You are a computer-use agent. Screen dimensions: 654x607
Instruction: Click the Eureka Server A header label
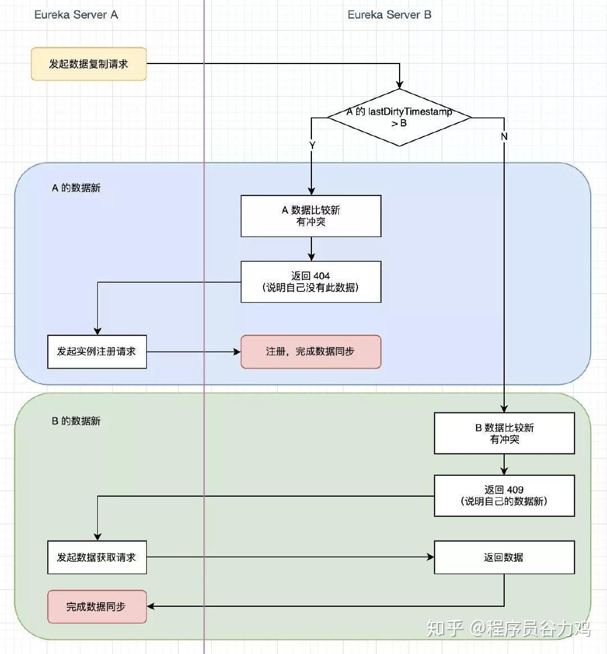[x=76, y=15]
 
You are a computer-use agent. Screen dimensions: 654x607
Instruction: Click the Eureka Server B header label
[x=389, y=15]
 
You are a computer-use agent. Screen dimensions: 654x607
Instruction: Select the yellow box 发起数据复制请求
[x=89, y=64]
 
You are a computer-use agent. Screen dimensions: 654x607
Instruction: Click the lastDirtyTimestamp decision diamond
[x=399, y=117]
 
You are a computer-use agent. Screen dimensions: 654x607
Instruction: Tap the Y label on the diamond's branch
[x=312, y=146]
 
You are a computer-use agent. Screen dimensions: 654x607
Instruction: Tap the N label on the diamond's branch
[x=504, y=137]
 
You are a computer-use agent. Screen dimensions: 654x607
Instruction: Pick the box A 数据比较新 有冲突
[x=311, y=216]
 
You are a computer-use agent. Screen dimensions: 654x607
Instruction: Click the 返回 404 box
[x=311, y=281]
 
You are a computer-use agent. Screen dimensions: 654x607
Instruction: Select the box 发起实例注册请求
[x=97, y=352]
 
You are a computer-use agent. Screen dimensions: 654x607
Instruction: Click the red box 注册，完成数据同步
[x=311, y=352]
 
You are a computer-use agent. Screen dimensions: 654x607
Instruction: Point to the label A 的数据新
[x=76, y=188]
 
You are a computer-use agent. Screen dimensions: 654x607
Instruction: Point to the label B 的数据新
[x=76, y=421]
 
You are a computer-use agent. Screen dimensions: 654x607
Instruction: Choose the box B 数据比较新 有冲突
[x=504, y=433]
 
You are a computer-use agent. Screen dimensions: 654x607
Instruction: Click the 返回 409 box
[x=504, y=496]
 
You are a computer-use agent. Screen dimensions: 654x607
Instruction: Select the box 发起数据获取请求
[x=97, y=557]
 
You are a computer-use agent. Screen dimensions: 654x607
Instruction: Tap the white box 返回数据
[x=504, y=557]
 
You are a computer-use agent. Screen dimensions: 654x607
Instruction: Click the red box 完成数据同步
[x=97, y=607]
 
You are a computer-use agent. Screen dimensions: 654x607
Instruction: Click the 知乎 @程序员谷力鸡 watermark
[x=509, y=628]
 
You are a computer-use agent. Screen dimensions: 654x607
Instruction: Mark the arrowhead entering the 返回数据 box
[x=431, y=557]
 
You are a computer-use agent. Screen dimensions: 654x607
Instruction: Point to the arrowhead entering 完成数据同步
[x=151, y=606]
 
